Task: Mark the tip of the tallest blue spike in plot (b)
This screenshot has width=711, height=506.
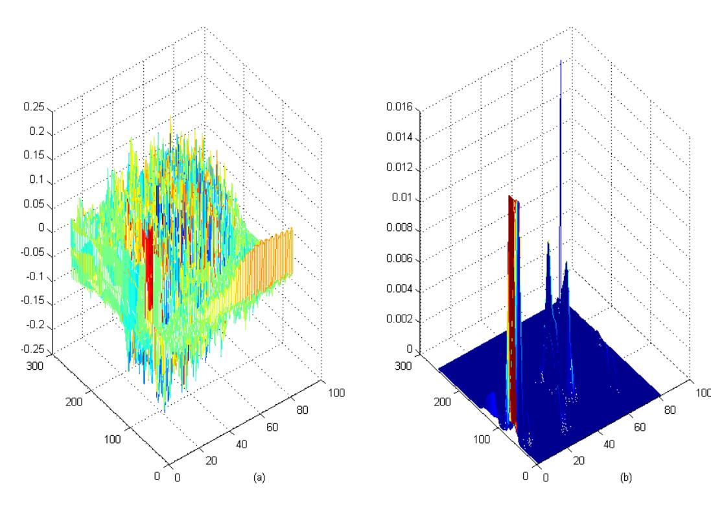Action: click(561, 60)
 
